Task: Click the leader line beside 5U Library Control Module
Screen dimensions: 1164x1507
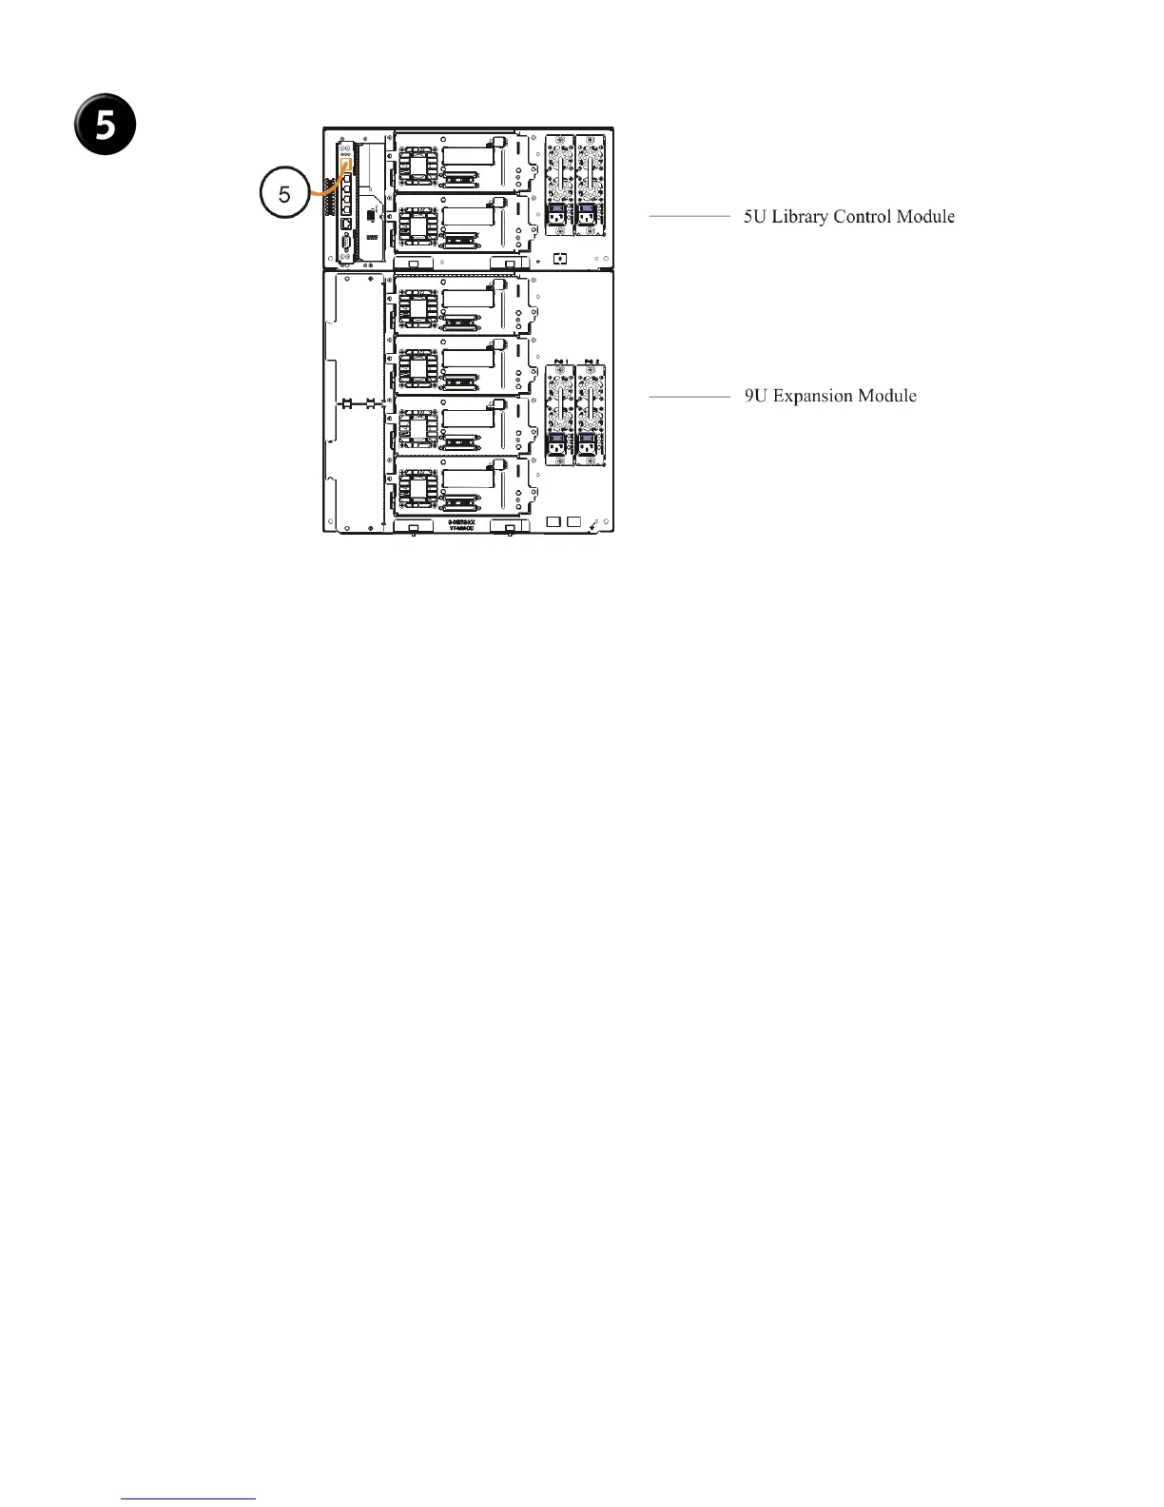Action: pyautogui.click(x=689, y=217)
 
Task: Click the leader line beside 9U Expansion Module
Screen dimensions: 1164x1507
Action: pyautogui.click(x=689, y=396)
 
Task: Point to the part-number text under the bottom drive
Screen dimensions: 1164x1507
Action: pyautogui.click(x=461, y=526)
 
